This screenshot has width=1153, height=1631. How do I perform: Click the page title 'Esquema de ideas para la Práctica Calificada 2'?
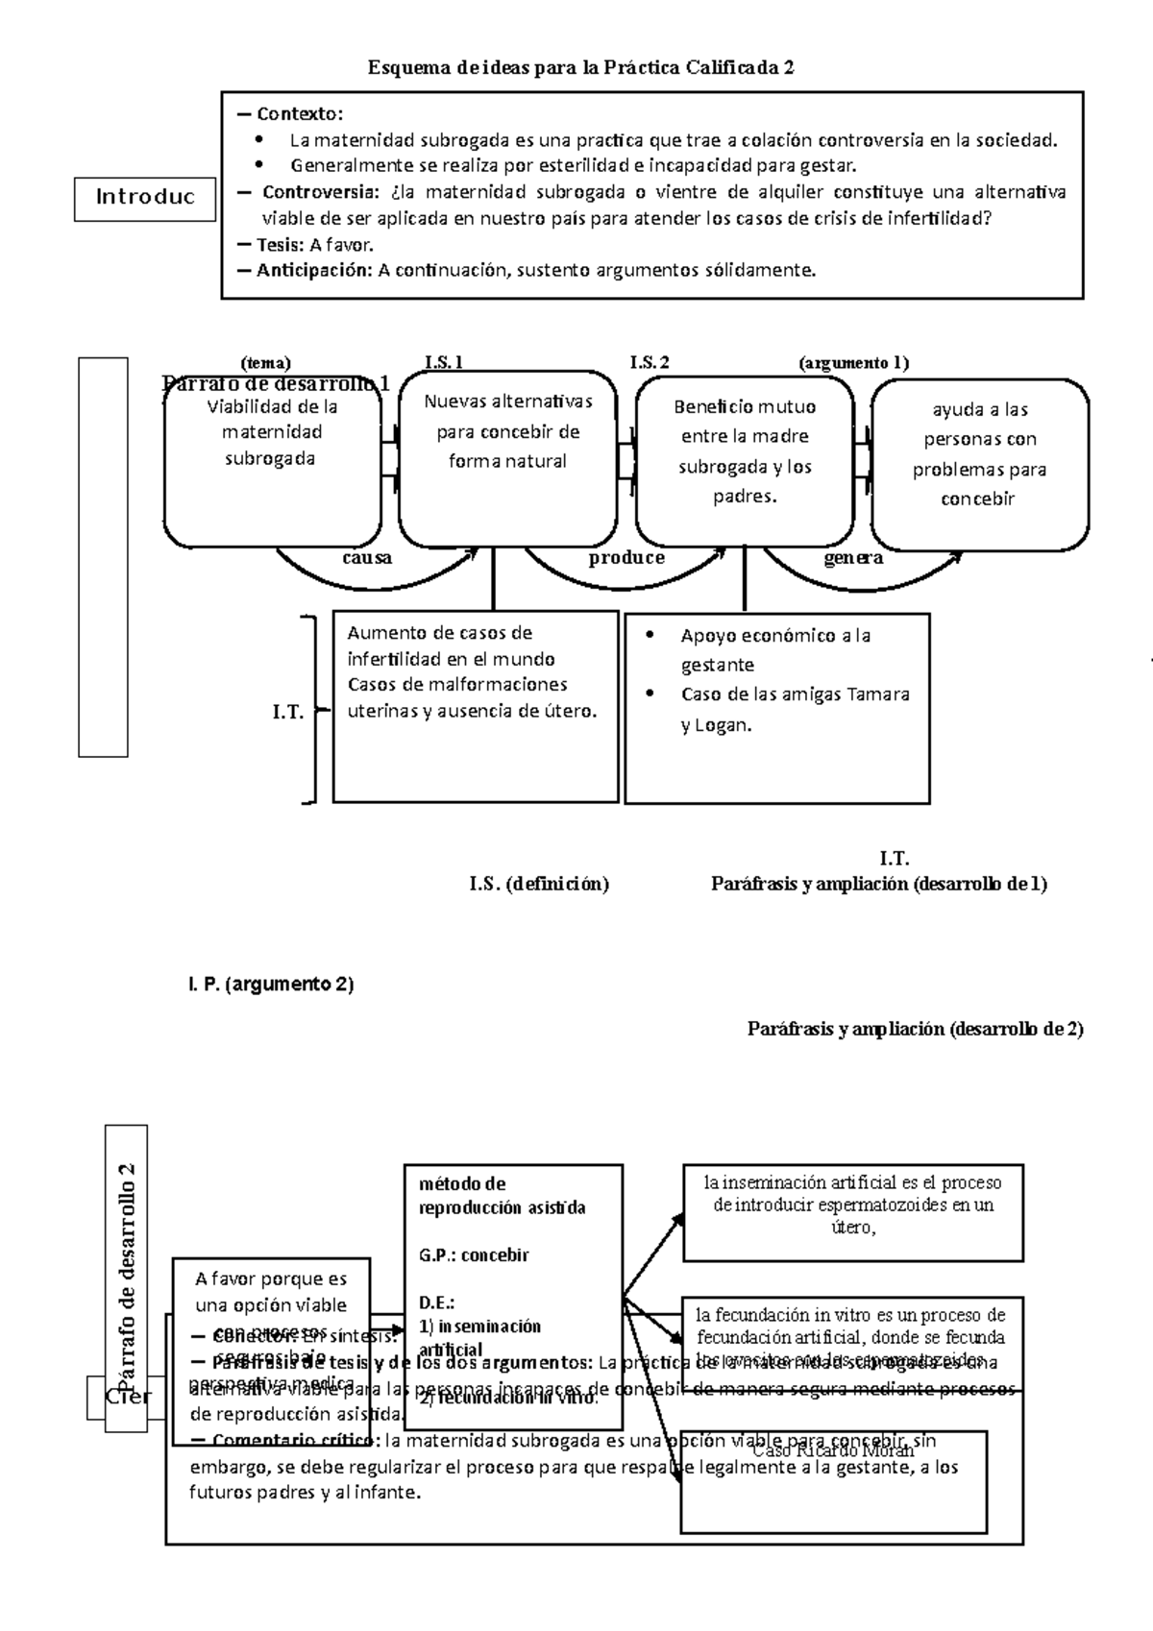click(x=581, y=68)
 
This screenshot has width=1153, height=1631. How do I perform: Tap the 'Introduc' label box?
click(x=145, y=198)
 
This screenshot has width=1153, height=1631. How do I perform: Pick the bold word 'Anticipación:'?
click(x=313, y=270)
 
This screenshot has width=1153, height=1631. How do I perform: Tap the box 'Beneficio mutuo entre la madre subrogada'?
click(x=745, y=461)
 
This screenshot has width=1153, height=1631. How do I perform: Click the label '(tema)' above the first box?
click(x=265, y=362)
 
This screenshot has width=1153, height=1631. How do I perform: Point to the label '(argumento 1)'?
click(x=853, y=362)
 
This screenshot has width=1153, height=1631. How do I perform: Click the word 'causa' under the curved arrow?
click(x=367, y=558)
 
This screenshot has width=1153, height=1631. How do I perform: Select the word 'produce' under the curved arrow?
click(x=626, y=558)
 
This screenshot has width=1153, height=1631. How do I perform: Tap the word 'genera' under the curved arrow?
click(x=853, y=558)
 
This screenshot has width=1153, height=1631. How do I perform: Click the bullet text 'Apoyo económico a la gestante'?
click(x=774, y=649)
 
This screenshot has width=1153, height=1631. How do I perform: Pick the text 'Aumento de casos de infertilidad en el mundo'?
click(x=451, y=645)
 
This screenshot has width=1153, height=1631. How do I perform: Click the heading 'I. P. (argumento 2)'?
click(x=270, y=985)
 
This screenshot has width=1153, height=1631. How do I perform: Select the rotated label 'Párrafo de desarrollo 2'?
click(x=126, y=1278)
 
